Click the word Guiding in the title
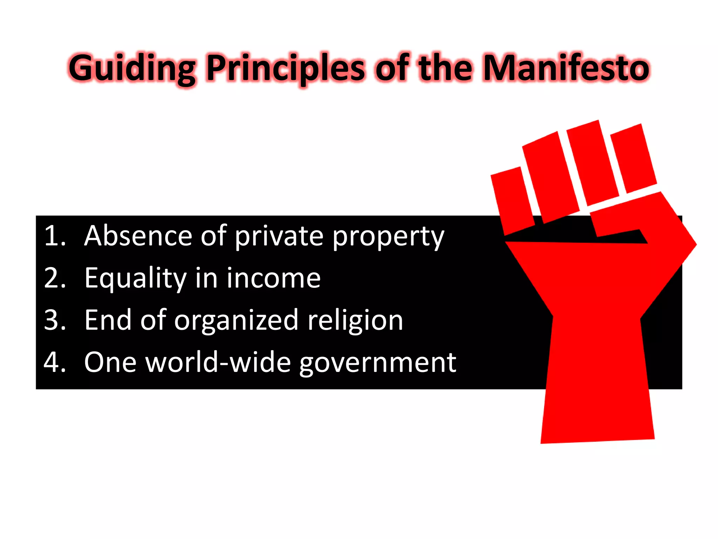pyautogui.click(x=132, y=68)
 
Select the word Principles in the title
pyautogui.click(x=286, y=68)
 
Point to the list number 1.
pyautogui.click(x=55, y=236)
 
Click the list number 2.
pyautogui.click(x=55, y=278)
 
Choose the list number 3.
pyautogui.click(x=55, y=320)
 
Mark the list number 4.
pyautogui.click(x=55, y=362)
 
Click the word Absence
pyautogui.click(x=138, y=236)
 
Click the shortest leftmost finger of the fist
pyautogui.click(x=512, y=200)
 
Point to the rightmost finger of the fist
pyautogui.click(x=633, y=158)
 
